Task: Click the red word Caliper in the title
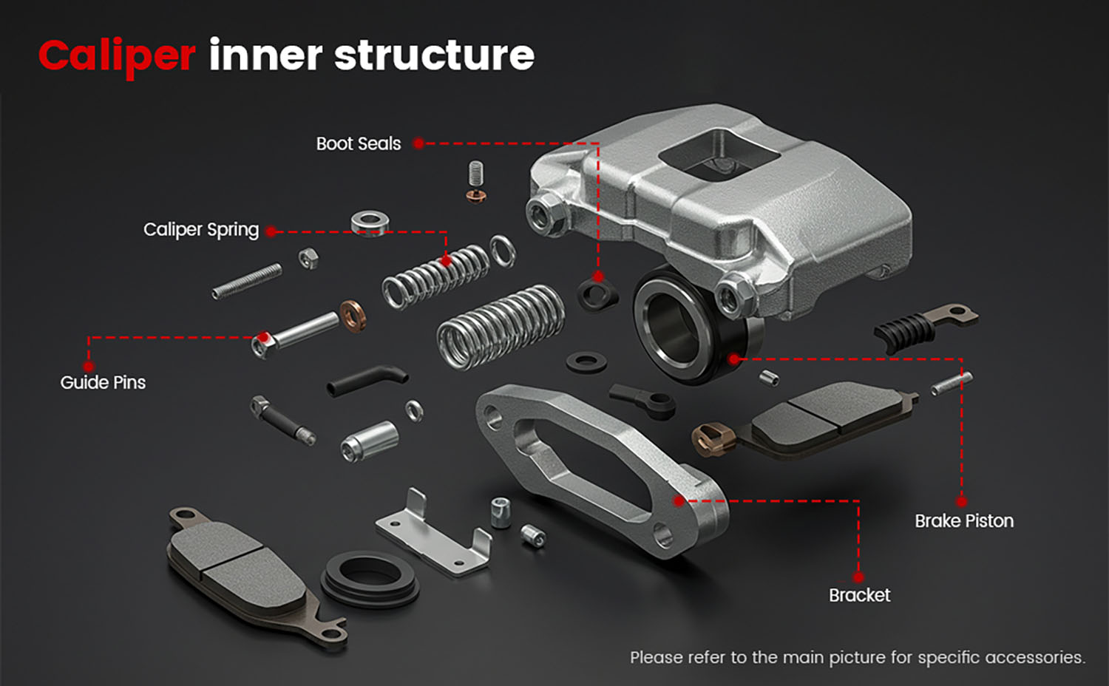point(117,56)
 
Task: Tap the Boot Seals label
point(358,143)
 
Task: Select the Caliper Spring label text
point(201,230)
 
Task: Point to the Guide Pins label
point(103,382)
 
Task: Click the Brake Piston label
point(963,521)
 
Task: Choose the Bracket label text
point(859,595)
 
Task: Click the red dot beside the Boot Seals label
point(418,143)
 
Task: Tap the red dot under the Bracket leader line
point(858,577)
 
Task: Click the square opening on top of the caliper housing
point(717,153)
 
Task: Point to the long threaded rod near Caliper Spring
point(247,282)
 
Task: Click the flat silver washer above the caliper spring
point(370,221)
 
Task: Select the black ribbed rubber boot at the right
point(903,330)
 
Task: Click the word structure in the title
point(434,56)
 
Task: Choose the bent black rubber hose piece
point(367,379)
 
